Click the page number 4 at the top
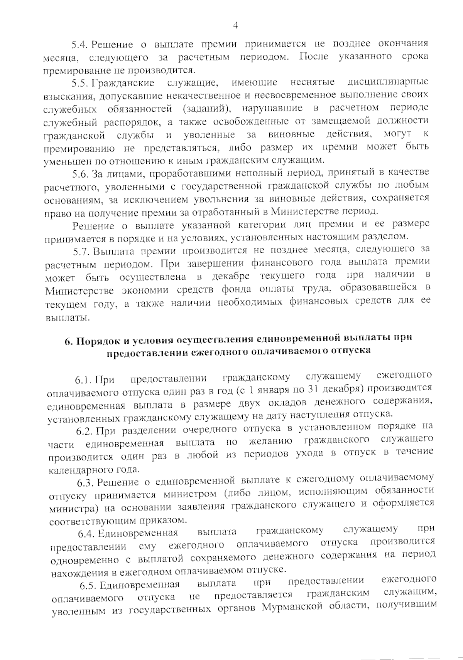(x=236, y=25)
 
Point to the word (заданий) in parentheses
(x=206, y=109)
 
